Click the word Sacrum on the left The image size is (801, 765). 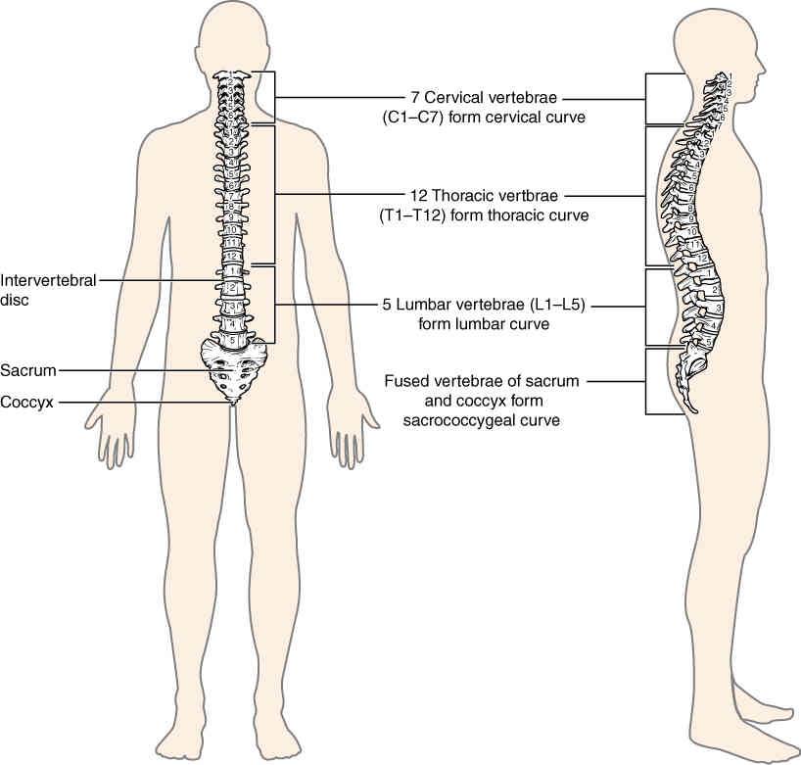pos(28,370)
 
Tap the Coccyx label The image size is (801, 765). pos(28,401)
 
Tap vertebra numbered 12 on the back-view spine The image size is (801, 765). pos(232,256)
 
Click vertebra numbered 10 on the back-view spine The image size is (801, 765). pos(232,229)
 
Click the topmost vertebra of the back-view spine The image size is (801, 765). pos(232,75)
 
